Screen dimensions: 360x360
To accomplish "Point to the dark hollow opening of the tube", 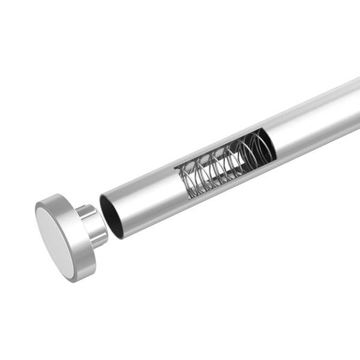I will tap(112, 216).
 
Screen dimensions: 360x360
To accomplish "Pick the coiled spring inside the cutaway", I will tap(222, 165).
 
